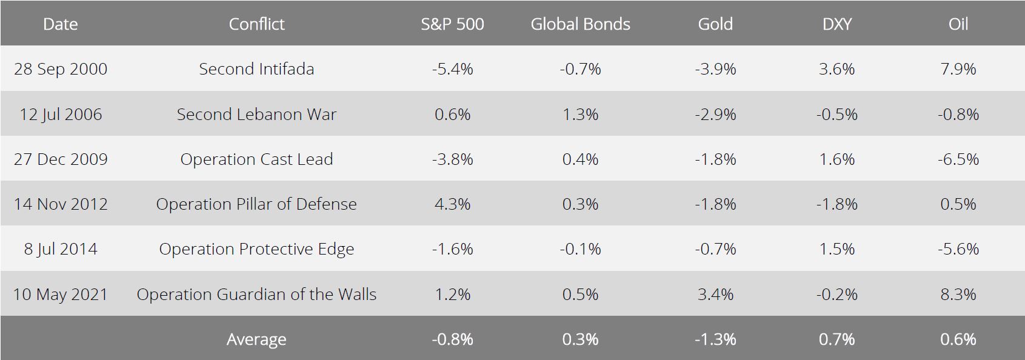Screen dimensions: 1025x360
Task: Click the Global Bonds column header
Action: (580, 24)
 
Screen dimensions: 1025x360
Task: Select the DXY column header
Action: (837, 24)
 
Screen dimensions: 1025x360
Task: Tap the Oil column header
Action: (958, 24)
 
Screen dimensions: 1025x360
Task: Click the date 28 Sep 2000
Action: (61, 68)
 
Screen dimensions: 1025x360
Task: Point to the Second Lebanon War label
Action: (256, 114)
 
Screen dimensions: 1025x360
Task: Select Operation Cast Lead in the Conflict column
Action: (256, 159)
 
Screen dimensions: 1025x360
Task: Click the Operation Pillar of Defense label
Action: (256, 204)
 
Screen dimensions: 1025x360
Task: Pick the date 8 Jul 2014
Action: (61, 249)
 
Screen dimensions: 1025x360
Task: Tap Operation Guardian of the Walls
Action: (256, 294)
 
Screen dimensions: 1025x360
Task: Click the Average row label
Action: (256, 339)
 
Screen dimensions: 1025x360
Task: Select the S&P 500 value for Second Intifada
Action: (452, 68)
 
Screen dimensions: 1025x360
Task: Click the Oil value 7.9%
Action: (958, 68)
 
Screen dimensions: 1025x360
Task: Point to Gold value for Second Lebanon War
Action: (715, 114)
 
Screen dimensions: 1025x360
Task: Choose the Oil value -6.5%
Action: (958, 159)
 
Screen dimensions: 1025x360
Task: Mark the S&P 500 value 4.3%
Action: (452, 204)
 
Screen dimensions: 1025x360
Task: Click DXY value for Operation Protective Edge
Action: (837, 249)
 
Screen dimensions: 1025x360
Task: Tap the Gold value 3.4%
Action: (715, 294)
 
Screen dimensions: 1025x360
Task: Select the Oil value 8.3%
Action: (958, 294)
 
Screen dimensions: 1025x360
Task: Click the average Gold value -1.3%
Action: (715, 339)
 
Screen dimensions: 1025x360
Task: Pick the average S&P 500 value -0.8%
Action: (452, 339)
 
